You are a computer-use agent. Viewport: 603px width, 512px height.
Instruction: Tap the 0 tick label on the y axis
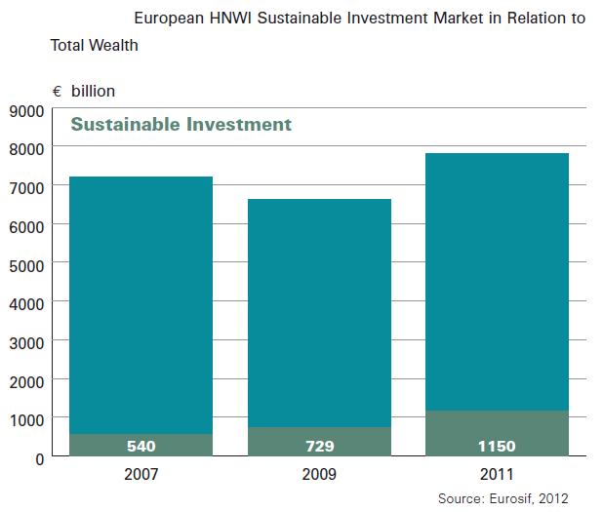[38, 457]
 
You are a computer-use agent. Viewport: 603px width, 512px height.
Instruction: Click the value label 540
[141, 447]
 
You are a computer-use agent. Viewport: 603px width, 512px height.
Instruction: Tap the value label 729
[320, 447]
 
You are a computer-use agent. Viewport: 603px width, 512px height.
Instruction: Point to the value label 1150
[497, 447]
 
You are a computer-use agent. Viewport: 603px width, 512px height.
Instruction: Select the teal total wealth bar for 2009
[320, 312]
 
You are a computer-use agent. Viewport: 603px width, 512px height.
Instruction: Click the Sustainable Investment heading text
[181, 125]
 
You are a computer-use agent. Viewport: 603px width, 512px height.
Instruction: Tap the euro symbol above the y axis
[58, 92]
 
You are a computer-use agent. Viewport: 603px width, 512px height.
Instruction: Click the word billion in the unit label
[93, 92]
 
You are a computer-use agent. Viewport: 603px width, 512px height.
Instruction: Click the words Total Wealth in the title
[94, 45]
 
